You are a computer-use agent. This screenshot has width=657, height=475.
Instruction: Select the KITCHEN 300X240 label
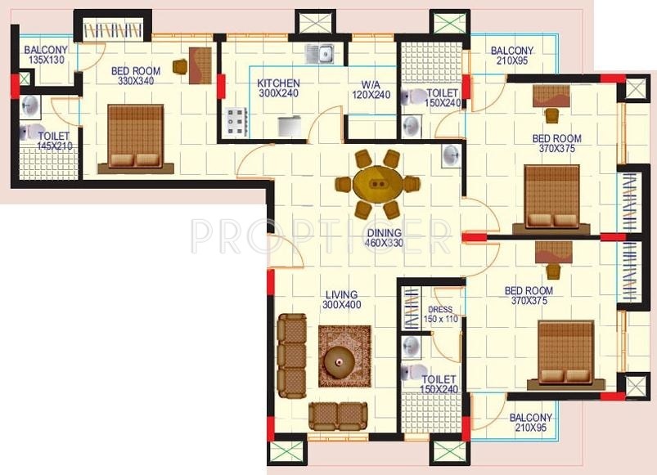(x=278, y=89)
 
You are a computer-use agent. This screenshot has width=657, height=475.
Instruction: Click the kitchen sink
(x=318, y=54)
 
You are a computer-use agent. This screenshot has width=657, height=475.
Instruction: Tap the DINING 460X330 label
(x=384, y=238)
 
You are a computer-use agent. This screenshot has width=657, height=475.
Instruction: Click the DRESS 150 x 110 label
(x=443, y=314)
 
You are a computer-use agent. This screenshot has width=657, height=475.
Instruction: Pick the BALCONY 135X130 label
(x=45, y=55)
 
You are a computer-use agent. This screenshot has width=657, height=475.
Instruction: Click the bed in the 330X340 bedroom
(x=134, y=137)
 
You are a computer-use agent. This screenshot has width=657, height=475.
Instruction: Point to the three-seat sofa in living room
(x=290, y=354)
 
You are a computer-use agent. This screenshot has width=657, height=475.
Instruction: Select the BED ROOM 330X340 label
(x=136, y=76)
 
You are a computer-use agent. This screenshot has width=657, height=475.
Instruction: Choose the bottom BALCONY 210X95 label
(x=530, y=423)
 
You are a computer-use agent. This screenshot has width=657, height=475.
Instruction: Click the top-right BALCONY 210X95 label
(x=511, y=56)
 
